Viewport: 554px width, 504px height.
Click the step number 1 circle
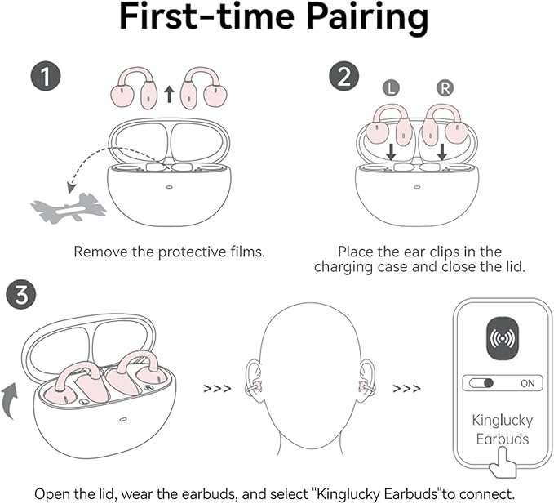point(46,77)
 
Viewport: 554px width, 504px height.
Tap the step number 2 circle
point(344,77)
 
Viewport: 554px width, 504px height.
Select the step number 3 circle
point(21,294)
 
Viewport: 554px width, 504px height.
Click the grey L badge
point(391,87)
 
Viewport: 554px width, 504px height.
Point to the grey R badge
point(445,87)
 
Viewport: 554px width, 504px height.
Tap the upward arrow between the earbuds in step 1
point(170,94)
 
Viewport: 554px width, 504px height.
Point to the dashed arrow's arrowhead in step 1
point(72,187)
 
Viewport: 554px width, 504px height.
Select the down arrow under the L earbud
point(391,152)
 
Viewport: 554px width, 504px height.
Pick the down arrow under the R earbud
point(442,152)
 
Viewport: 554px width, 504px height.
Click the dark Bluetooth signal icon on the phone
point(503,338)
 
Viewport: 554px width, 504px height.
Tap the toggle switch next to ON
point(481,383)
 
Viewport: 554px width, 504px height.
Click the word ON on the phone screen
point(528,383)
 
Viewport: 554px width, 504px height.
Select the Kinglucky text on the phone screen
point(503,421)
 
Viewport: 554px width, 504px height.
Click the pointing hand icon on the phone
point(503,462)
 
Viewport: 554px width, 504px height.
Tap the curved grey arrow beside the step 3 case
point(10,401)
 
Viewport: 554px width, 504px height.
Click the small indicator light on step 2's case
point(417,187)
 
